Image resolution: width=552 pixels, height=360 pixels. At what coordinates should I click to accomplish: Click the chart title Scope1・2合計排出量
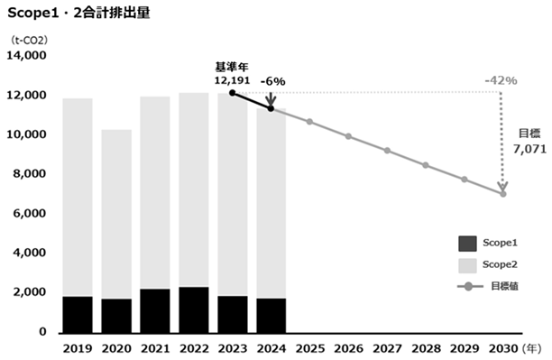[x=78, y=13]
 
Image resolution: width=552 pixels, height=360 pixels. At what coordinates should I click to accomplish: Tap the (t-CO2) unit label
[x=29, y=41]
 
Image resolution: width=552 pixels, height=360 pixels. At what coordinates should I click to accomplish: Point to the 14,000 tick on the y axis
[x=26, y=55]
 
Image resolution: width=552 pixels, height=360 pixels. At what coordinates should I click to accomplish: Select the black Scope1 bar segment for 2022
[x=194, y=309]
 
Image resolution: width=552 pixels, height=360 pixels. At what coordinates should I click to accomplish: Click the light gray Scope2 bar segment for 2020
[x=116, y=214]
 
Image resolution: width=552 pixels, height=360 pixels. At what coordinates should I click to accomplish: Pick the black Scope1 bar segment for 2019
[x=78, y=315]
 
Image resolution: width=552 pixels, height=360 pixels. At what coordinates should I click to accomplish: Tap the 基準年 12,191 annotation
[x=233, y=74]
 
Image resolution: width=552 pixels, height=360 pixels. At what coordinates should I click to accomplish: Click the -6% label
[x=272, y=82]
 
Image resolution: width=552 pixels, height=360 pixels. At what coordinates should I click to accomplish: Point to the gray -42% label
[x=501, y=80]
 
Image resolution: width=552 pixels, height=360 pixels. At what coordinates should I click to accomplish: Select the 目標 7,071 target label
[x=529, y=142]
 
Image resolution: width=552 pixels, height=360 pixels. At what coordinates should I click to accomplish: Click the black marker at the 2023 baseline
[x=233, y=93]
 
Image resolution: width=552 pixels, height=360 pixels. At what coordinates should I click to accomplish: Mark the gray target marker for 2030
[x=503, y=194]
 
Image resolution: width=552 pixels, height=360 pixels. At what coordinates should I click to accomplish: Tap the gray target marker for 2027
[x=387, y=151]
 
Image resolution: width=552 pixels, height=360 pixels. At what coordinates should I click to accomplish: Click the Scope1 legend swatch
[x=467, y=244]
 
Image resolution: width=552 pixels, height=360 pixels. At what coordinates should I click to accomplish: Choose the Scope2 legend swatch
[x=467, y=265]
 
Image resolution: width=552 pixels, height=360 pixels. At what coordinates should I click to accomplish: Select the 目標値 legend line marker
[x=469, y=286]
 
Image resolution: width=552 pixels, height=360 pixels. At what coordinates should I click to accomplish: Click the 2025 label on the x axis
[x=309, y=349]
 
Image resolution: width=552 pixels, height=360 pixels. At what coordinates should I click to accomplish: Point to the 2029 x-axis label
[x=465, y=349]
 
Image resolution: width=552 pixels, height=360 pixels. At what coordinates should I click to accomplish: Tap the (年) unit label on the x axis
[x=531, y=349]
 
